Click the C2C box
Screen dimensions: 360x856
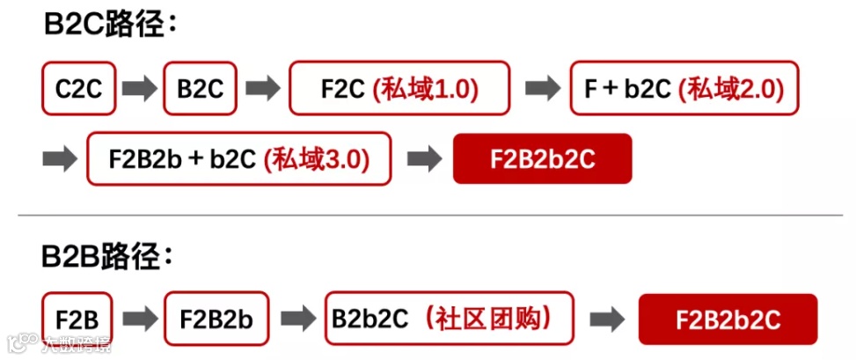click(78, 88)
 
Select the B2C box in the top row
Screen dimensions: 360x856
click(200, 88)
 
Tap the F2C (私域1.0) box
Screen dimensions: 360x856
click(399, 88)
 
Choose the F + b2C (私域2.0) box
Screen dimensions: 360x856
click(684, 88)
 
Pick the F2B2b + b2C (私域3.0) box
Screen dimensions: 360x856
click(238, 159)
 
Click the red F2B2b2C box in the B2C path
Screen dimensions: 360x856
click(542, 159)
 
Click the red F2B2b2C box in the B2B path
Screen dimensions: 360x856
click(728, 319)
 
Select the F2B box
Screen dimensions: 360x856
click(77, 319)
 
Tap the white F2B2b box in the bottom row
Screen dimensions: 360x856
click(216, 319)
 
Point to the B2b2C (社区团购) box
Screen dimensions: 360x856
click(449, 318)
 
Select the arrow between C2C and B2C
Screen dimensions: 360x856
click(139, 88)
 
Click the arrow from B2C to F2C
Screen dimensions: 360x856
click(262, 88)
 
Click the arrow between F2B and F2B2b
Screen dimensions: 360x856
click(139, 319)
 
